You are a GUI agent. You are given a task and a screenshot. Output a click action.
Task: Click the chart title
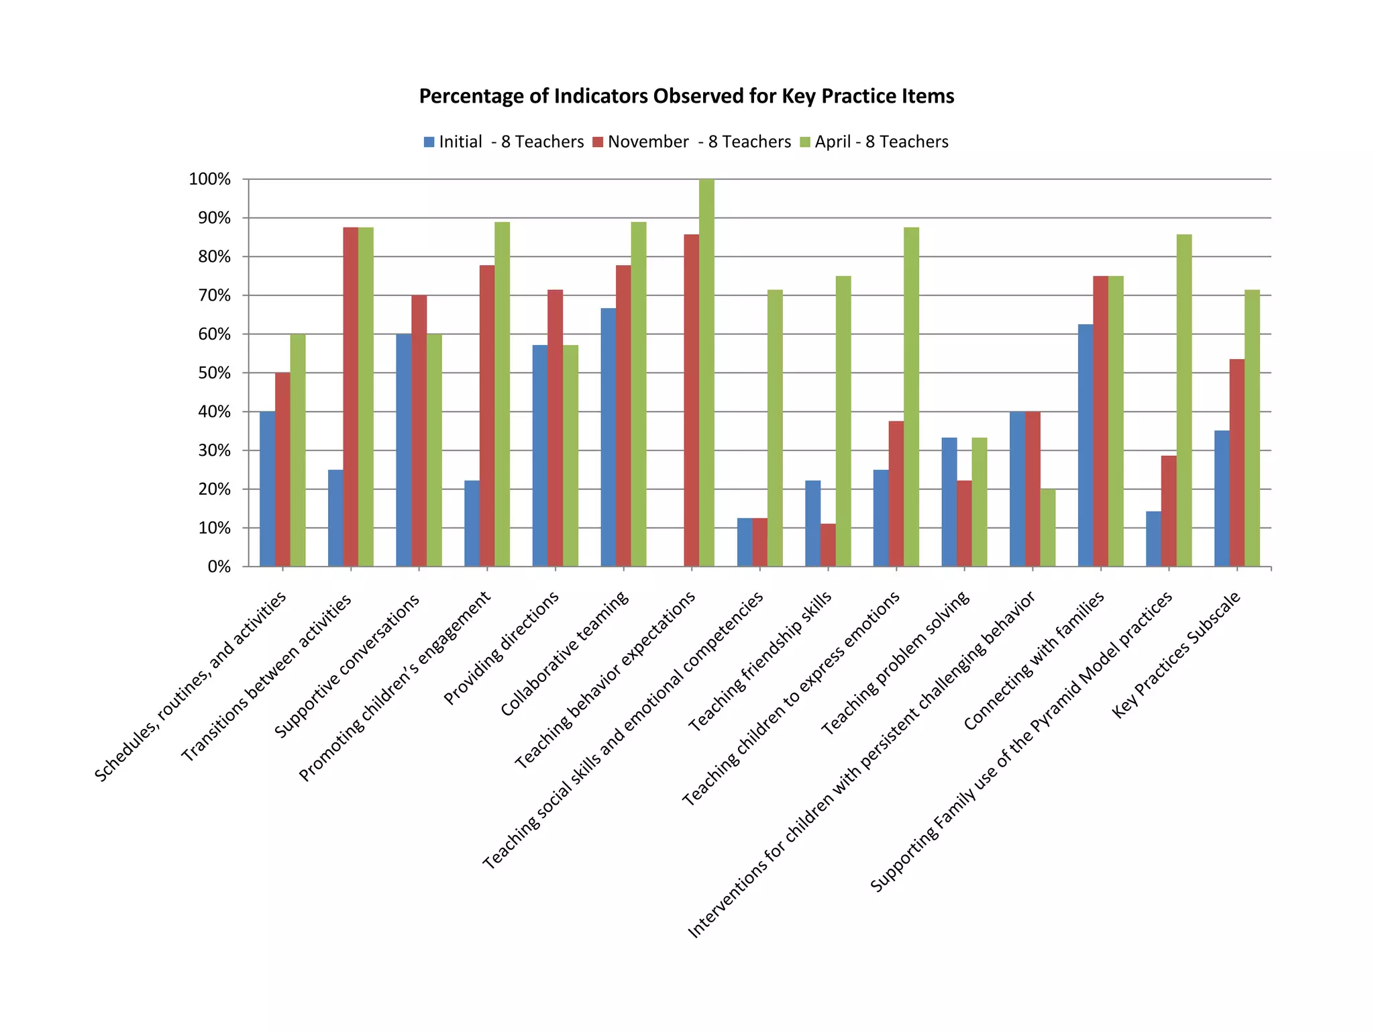pos(686,97)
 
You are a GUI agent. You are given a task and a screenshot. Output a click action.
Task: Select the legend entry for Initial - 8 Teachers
pos(504,142)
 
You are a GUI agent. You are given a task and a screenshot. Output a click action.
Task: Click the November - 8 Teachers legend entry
pos(692,142)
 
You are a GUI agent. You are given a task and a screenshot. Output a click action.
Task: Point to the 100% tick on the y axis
pos(210,179)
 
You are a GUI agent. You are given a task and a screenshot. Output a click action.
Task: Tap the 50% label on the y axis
pos(214,373)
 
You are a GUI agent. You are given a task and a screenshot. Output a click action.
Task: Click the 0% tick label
pos(219,567)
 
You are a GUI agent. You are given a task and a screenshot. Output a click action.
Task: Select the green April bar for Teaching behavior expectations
pos(706,373)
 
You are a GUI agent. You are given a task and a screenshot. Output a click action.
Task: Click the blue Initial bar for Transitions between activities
pos(335,518)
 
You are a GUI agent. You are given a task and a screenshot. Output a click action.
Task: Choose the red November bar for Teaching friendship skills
pos(828,545)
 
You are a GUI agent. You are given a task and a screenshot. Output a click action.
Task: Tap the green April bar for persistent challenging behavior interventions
pos(1047,528)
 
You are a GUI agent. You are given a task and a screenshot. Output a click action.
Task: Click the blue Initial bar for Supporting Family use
pos(1153,539)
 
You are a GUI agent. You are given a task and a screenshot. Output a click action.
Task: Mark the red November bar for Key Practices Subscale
pos(1236,463)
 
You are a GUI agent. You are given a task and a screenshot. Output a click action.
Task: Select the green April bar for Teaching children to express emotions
pos(911,397)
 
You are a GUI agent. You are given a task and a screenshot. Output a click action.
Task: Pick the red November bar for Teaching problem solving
pos(964,524)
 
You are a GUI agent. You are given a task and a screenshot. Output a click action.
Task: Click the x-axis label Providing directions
pos(501,648)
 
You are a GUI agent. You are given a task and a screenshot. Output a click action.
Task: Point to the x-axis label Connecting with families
pos(1034,660)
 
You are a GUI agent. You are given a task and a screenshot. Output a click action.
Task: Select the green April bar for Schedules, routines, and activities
pos(298,450)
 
